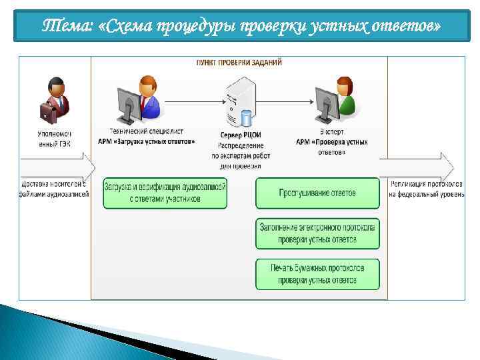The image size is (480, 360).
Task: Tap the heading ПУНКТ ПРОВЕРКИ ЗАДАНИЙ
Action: tap(238, 62)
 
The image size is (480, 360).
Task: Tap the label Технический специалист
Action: tap(147, 132)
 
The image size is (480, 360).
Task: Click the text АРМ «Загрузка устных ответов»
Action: tap(147, 141)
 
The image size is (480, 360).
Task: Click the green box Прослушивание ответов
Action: tap(317, 193)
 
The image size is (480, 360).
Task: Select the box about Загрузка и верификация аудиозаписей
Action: tap(165, 193)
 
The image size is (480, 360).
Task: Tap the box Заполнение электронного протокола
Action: tap(317, 233)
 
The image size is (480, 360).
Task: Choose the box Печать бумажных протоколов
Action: tap(317, 274)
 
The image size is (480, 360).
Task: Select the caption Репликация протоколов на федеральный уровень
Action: tap(427, 189)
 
